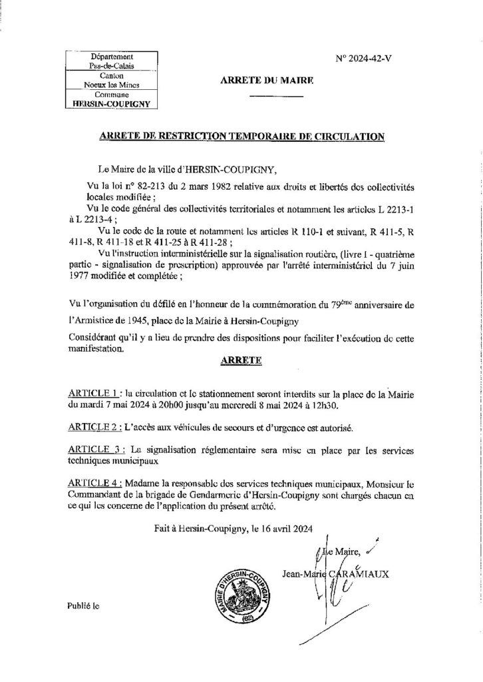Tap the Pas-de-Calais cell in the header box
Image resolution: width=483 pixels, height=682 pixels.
coord(110,67)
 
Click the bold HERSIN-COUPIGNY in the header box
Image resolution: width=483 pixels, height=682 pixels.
coord(110,105)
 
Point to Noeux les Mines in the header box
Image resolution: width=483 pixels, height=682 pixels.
coord(110,86)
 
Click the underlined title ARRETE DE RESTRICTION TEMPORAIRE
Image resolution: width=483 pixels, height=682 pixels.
coord(241,137)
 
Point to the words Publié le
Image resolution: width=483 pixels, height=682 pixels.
coord(82,607)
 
